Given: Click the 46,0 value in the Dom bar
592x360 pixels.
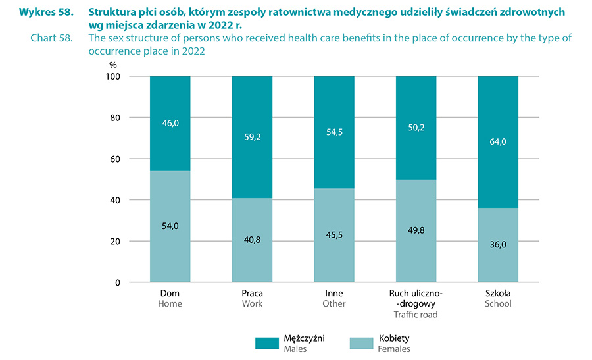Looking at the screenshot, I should [170, 122].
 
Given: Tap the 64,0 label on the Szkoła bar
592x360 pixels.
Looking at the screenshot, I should [497, 142].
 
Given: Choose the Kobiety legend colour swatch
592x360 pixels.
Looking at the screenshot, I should [360, 343].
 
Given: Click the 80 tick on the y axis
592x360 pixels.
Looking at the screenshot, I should [115, 118].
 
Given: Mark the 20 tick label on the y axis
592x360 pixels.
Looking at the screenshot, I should [115, 242].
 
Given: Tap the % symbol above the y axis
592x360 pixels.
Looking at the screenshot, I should [113, 65].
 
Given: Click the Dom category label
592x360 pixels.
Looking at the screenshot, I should [170, 293].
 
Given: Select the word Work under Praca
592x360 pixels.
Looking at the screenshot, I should [252, 304].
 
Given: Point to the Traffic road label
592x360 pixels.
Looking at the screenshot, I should [416, 315].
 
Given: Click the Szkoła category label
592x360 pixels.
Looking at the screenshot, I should [497, 293].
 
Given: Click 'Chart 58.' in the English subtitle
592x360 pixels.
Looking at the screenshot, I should [51, 38].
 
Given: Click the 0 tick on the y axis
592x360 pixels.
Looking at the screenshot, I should [118, 283].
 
